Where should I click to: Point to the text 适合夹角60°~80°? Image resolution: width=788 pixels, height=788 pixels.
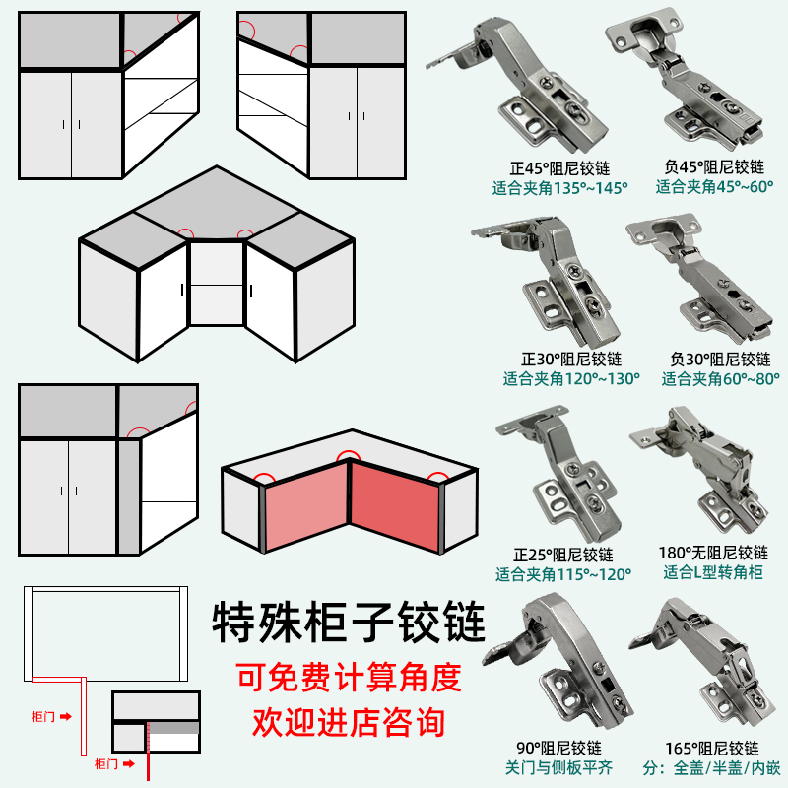click(x=721, y=378)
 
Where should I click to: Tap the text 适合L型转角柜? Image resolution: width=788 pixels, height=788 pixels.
click(x=714, y=572)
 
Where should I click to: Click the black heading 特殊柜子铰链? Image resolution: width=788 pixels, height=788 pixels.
click(x=349, y=623)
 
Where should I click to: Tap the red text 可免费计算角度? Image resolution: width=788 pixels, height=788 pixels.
click(x=349, y=678)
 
